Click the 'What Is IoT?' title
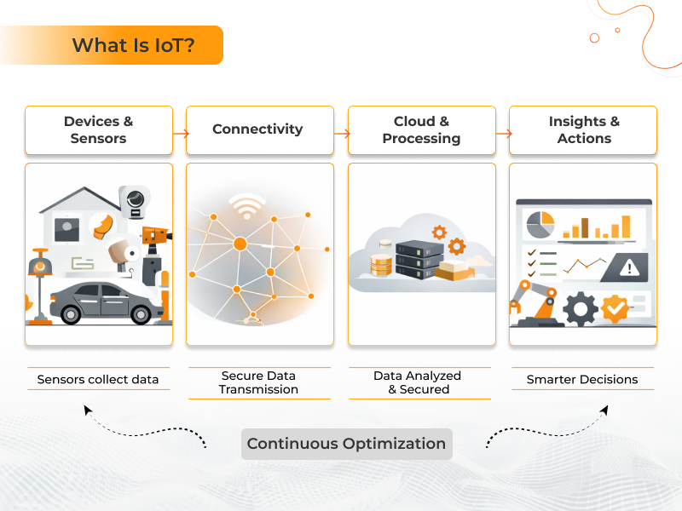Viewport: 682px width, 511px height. [132, 45]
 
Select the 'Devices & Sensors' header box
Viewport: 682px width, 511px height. [98, 129]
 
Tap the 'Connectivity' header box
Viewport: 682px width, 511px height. [257, 129]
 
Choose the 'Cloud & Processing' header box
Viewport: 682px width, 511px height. [421, 129]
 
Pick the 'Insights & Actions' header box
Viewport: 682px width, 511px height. [584, 129]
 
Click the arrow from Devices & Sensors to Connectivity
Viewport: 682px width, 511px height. [180, 133]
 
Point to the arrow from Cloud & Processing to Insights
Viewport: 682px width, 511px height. [503, 133]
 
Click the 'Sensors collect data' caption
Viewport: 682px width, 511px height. [98, 379]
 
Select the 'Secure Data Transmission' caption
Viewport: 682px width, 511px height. [258, 382]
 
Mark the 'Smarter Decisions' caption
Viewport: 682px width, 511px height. [582, 379]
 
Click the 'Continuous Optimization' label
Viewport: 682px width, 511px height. [346, 444]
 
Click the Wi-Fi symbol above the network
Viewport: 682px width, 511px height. [247, 206]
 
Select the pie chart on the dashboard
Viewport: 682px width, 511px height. [540, 225]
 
